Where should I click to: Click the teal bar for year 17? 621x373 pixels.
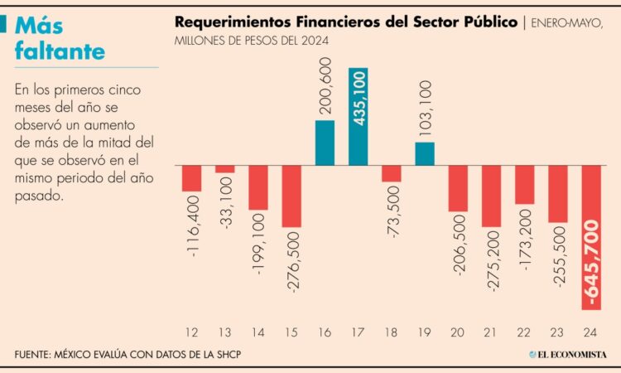point(359,116)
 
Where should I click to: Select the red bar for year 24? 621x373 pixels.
point(591,238)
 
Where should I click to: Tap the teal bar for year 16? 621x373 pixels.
point(325,143)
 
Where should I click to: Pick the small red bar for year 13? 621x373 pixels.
point(225,169)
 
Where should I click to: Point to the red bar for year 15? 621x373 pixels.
point(291,196)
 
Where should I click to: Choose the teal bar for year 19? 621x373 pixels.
point(425,153)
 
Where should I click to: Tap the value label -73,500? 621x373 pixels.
point(392,214)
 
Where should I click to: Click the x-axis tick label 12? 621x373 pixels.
point(192,332)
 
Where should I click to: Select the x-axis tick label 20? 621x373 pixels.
point(458,332)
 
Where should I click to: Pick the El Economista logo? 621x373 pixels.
point(569,355)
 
